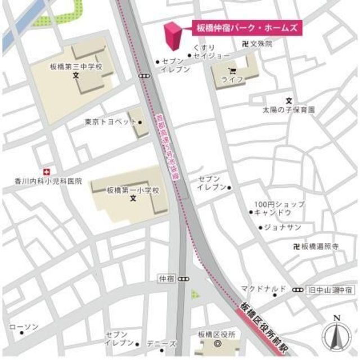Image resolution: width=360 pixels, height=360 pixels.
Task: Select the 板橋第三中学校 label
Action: coord(76,66)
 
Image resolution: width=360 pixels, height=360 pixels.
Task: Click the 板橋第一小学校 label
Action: coord(133,191)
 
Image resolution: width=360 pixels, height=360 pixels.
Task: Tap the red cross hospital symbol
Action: coord(47,171)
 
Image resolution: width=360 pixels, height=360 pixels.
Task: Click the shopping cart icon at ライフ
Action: coord(232,70)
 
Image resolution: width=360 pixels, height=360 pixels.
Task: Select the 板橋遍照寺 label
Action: coord(318,246)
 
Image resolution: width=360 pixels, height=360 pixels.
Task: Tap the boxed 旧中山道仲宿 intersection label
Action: coord(330,290)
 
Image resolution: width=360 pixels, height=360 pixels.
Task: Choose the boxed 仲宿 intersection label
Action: coord(167,278)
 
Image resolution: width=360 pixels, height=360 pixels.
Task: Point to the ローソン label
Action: coord(24,327)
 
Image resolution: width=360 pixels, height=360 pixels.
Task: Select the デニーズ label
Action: coord(165,344)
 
